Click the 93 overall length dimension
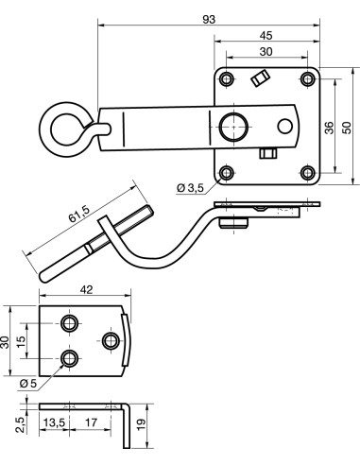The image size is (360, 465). pos(209,20)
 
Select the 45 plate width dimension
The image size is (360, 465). pos(266,36)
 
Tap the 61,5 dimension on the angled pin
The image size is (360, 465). pos(79,214)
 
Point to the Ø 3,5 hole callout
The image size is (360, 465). pos(191,188)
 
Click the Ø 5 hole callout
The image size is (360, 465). pos(28,384)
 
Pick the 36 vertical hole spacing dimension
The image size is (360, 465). pos(329,128)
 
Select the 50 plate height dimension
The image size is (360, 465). pos(347,128)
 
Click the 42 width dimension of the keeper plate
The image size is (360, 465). pos(86,289)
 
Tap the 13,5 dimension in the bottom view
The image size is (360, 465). pos(54,422)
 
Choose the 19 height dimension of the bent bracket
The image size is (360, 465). pos(142,424)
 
